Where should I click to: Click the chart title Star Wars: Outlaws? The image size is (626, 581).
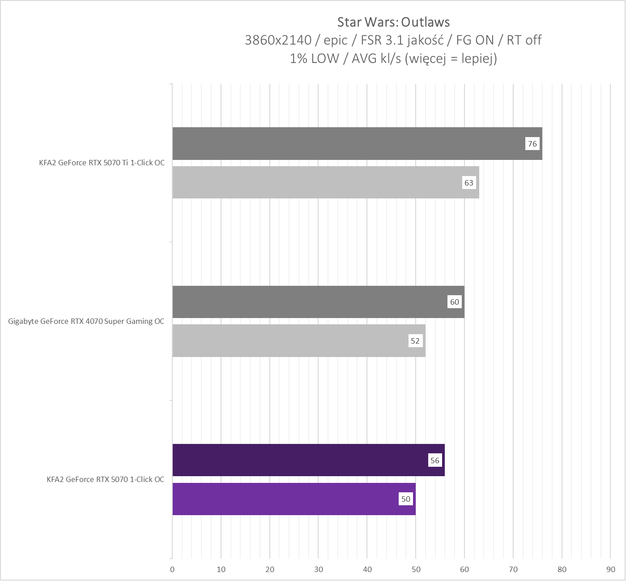[x=393, y=22]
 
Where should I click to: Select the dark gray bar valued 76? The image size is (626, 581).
[x=349, y=143]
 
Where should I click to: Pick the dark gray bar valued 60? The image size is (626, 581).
[x=309, y=302]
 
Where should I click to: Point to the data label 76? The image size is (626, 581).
[x=532, y=144]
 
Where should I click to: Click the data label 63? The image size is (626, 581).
[x=468, y=183]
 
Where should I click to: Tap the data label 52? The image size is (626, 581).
[x=415, y=341]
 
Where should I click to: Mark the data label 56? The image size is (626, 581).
[x=435, y=460]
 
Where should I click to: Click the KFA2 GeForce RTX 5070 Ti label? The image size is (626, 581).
[x=102, y=163]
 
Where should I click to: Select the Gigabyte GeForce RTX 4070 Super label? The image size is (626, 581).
[x=86, y=321]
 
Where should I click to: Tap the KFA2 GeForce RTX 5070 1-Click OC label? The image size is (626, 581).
[x=105, y=479]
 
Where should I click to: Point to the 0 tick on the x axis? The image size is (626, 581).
[x=172, y=569]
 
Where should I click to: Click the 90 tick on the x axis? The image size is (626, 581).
[x=610, y=569]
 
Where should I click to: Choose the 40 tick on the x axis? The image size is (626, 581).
[x=367, y=569]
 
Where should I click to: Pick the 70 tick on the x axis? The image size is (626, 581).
[x=513, y=569]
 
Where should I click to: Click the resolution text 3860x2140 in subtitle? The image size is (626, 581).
[x=278, y=40]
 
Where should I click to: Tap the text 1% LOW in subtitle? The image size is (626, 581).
[x=314, y=59]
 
